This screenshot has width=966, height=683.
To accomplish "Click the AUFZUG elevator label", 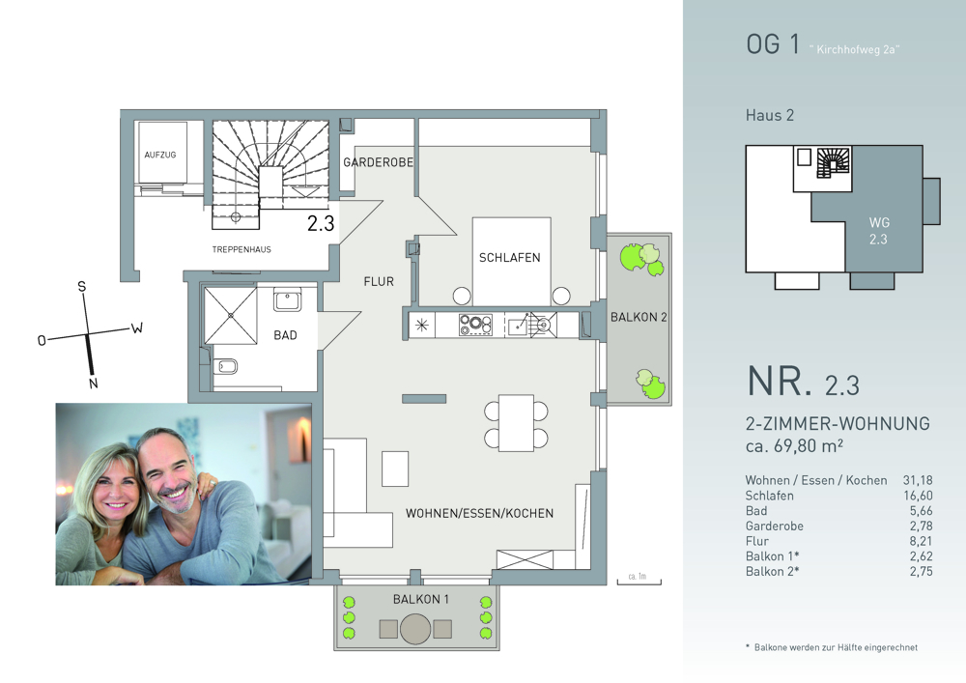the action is coord(160,156).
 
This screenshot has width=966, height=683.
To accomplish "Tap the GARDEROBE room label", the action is coord(379,162).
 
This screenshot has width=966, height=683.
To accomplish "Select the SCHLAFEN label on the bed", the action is coord(509,257).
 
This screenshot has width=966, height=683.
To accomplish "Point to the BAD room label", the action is coord(285,335).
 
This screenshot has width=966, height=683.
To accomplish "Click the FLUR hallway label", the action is coord(379,281).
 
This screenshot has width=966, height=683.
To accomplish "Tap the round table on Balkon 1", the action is coord(415,630).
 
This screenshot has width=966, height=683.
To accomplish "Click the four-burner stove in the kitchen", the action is coord(475,325).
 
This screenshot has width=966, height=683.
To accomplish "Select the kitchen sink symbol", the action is coord(531,324).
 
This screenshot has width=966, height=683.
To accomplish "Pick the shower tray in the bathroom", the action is coord(231,315).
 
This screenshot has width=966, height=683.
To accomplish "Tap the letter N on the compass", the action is coord(93,384).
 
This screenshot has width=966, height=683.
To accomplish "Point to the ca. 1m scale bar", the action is coord(639,580).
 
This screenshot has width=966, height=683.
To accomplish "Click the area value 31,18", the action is coord(918,480).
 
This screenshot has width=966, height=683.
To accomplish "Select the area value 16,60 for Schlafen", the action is coord(918,496).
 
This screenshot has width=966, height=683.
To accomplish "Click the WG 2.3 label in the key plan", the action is coord(878,231).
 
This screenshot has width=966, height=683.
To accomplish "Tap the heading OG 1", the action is coord(773,44).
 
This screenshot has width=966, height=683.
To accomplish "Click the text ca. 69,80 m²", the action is coord(794,445).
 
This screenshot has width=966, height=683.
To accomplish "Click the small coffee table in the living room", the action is coord(395,469).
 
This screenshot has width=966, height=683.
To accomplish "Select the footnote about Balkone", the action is coord(832,647).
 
